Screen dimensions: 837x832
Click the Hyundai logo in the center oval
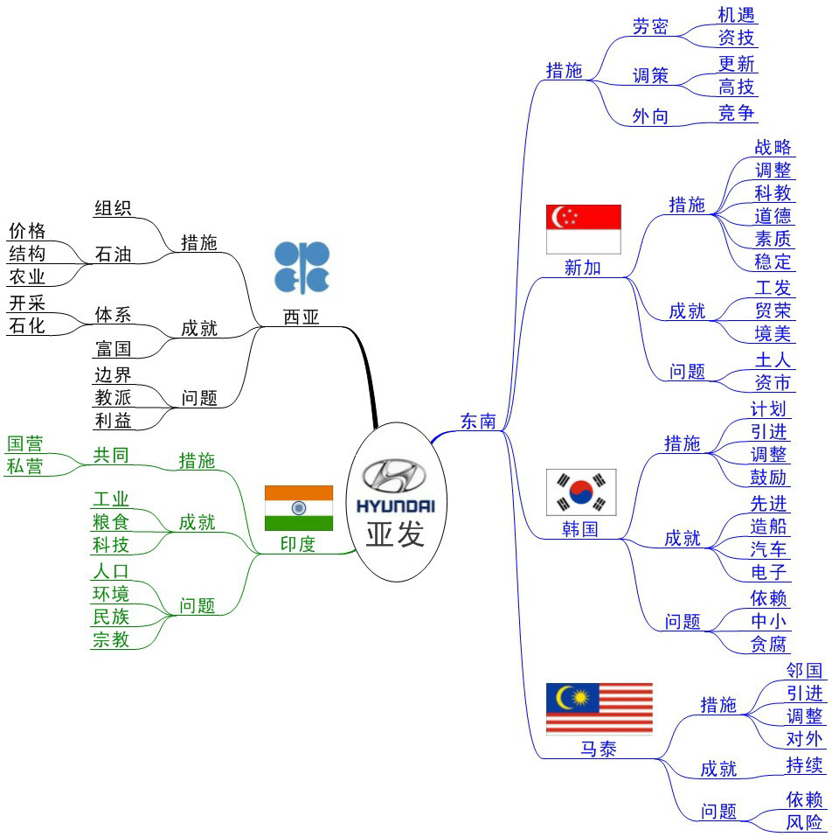(x=394, y=485)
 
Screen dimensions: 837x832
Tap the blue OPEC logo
(x=302, y=268)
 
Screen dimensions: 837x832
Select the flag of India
(x=299, y=507)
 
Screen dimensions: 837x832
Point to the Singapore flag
(x=583, y=229)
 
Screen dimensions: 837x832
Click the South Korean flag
(x=581, y=492)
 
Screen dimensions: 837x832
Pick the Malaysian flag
(x=599, y=708)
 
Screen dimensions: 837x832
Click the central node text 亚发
(x=395, y=533)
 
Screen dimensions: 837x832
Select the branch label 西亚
(x=302, y=317)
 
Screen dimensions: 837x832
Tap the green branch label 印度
(x=298, y=544)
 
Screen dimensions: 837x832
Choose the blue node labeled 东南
(x=478, y=421)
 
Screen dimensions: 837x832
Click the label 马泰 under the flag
(x=599, y=749)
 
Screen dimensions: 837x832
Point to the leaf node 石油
(x=113, y=255)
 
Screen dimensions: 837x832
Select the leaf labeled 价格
(x=27, y=231)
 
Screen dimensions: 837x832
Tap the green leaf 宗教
(x=111, y=639)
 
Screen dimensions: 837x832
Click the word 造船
(x=769, y=526)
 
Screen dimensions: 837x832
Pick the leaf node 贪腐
(x=769, y=645)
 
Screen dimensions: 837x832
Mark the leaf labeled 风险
(x=804, y=822)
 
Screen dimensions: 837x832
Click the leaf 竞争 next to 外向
(x=737, y=112)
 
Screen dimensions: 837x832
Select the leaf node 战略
(x=773, y=146)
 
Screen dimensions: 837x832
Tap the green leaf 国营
(x=25, y=443)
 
